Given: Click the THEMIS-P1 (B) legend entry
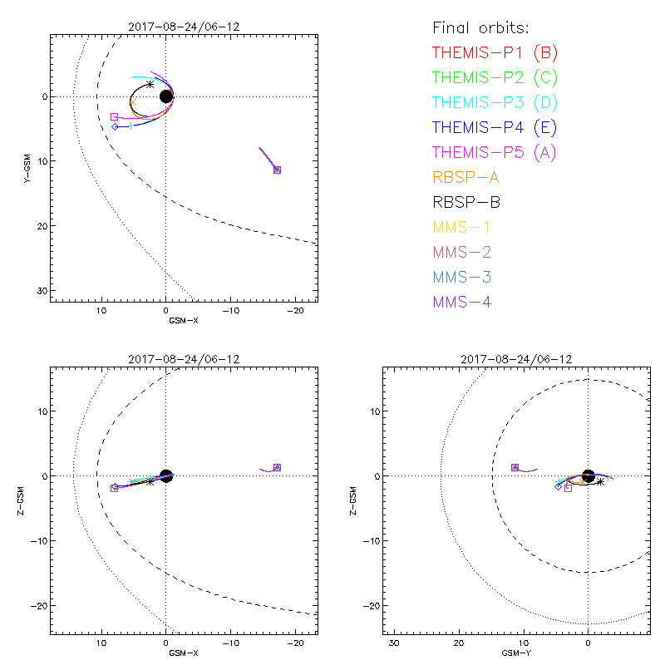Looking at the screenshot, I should point(495,53).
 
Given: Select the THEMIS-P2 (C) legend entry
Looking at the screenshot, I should point(495,78).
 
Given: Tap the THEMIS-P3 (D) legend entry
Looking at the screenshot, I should point(495,103).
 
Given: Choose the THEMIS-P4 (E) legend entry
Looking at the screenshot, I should point(495,128).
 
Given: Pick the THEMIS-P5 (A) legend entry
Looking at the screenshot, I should point(495,153).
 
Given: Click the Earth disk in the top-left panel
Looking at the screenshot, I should point(166,96).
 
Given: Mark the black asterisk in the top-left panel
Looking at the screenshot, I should point(150,84).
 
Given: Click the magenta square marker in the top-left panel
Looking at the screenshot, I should point(115,117).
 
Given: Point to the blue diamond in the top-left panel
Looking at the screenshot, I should point(116,126).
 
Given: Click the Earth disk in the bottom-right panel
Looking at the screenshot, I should point(589,475).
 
